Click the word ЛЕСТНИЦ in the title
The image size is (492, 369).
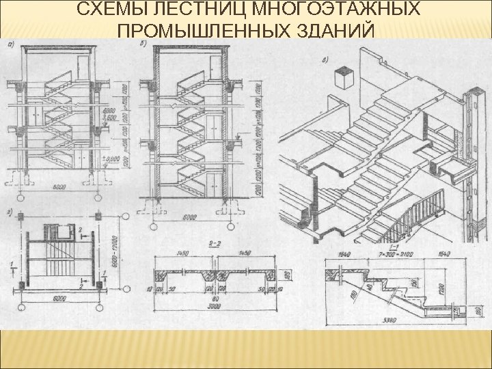213,10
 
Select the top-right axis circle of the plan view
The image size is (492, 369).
98,217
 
